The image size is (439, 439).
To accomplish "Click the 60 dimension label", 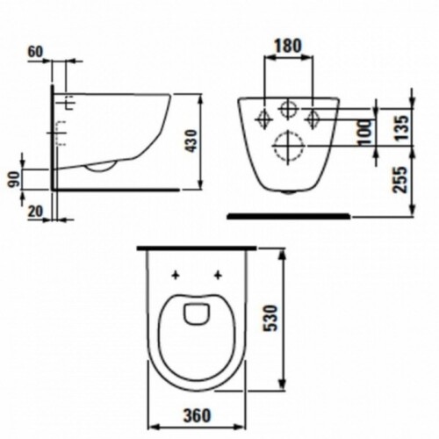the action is [x=35, y=52].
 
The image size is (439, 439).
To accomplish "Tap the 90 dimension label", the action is [x=15, y=179].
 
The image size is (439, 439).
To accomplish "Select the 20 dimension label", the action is [x=35, y=212].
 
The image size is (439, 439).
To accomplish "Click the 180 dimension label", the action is [x=288, y=46].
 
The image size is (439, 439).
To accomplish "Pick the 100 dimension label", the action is [x=364, y=132].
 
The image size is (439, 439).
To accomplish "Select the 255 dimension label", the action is [x=400, y=180].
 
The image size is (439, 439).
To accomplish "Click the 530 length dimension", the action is [x=270, y=318].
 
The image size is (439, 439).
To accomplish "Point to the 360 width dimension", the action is [x=197, y=415].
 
